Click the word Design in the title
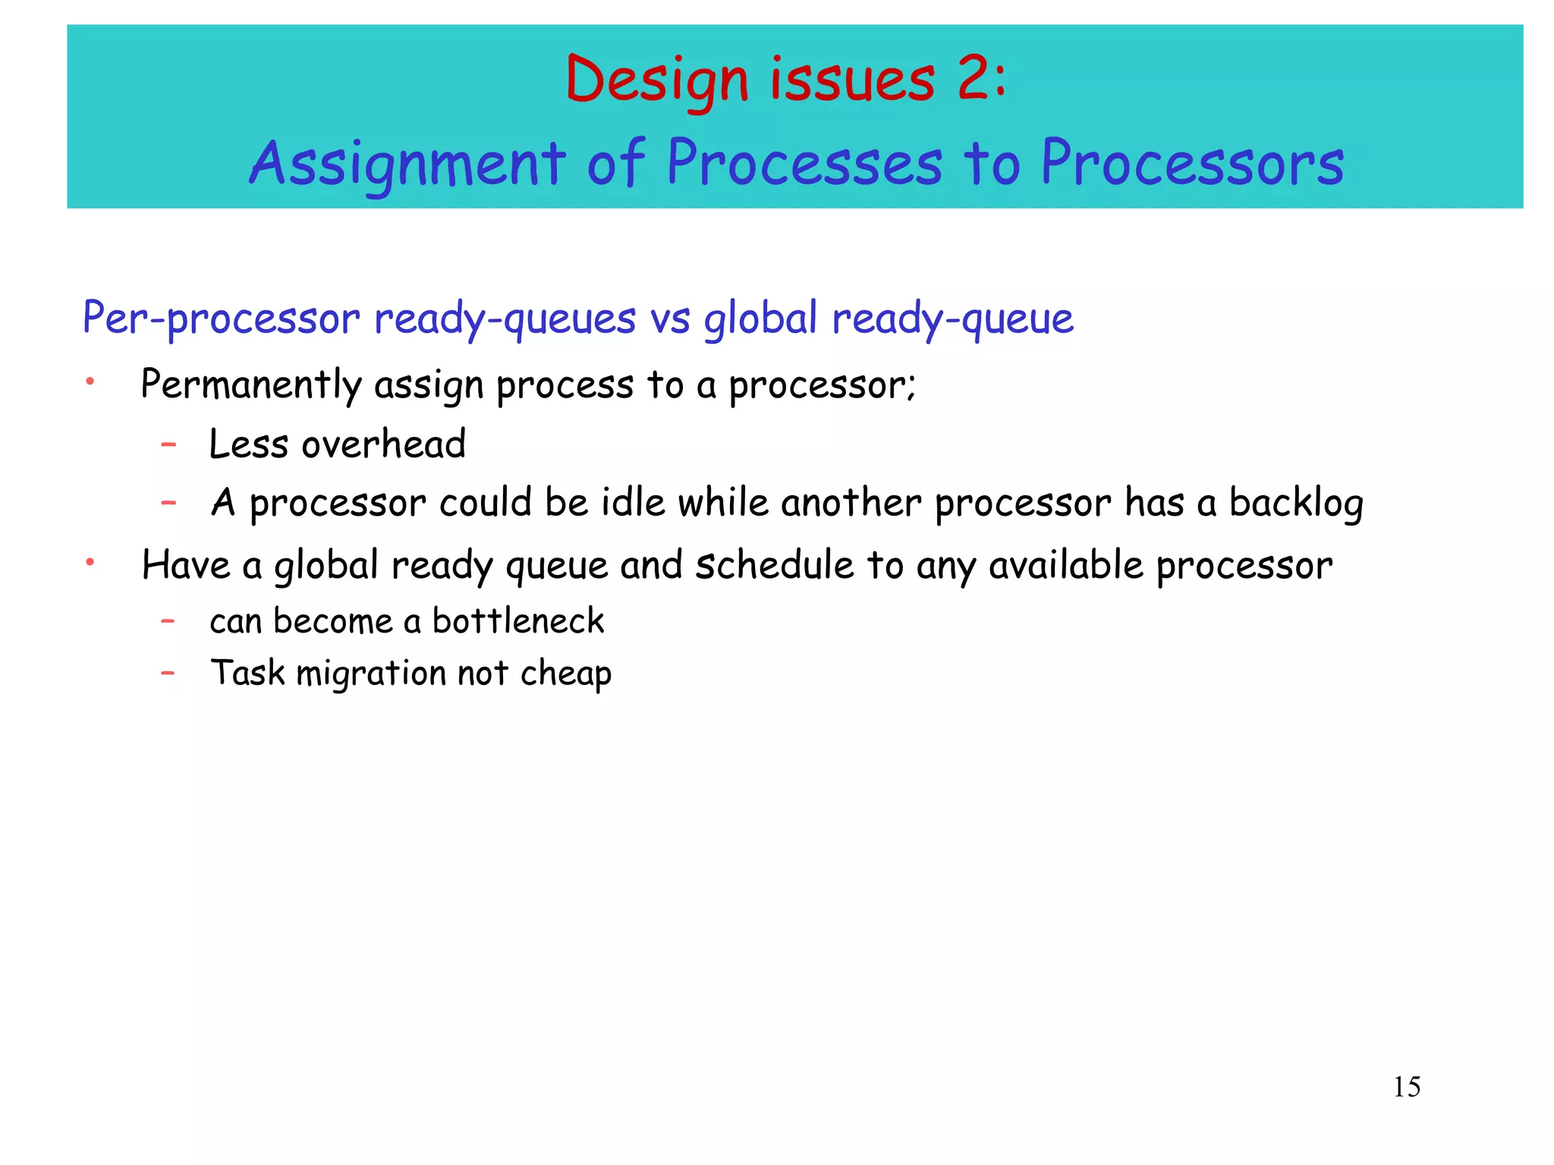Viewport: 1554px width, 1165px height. [657, 80]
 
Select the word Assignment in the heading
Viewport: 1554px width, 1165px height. [407, 164]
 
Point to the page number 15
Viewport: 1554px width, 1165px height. [1406, 1088]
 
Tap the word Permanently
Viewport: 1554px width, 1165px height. [250, 385]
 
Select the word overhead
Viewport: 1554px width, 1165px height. [383, 444]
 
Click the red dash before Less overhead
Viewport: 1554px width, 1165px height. [168, 444]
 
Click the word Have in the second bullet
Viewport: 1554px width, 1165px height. [185, 565]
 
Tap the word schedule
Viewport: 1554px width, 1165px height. [775, 565]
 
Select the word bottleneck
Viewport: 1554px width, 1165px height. [518, 621]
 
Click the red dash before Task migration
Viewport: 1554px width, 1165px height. [168, 672]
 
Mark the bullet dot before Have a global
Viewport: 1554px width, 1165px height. [90, 562]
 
